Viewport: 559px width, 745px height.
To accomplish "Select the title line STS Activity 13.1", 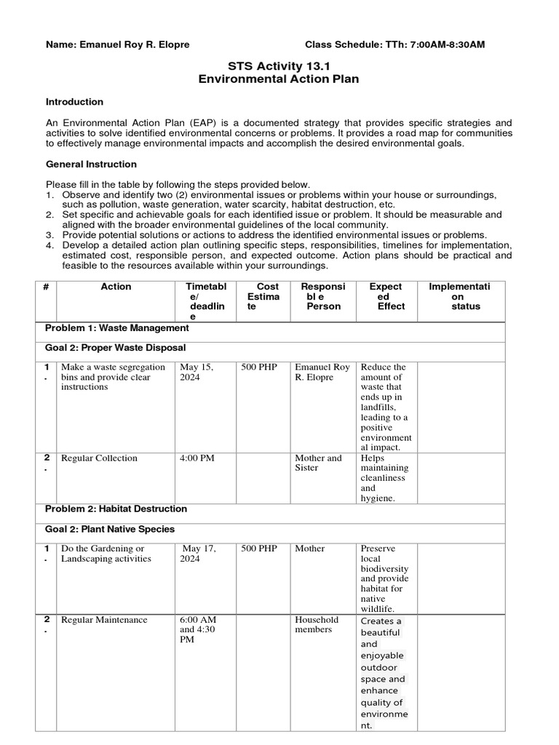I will pyautogui.click(x=279, y=65).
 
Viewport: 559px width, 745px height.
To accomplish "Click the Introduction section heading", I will pyautogui.click(x=74, y=102).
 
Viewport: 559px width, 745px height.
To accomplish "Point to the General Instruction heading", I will pyautogui.click(x=91, y=164).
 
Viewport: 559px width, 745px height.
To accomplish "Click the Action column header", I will pyautogui.click(x=116, y=287).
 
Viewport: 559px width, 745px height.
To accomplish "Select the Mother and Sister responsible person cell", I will pyautogui.click(x=318, y=463).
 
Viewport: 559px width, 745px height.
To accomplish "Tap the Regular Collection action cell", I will pyautogui.click(x=99, y=458).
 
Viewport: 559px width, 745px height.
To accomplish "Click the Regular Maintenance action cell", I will pyautogui.click(x=104, y=620).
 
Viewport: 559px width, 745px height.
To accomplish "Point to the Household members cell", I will pyautogui.click(x=317, y=624).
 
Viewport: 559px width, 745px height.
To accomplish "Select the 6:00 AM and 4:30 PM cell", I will pyautogui.click(x=198, y=629).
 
